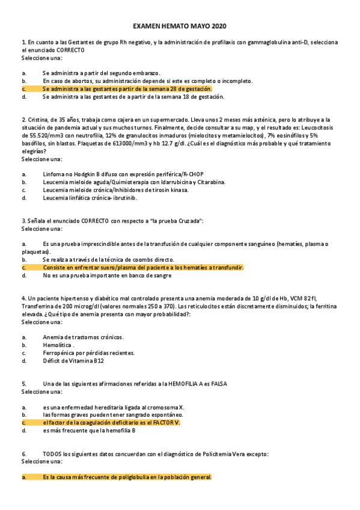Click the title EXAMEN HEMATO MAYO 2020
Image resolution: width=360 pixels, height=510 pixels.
tap(180, 26)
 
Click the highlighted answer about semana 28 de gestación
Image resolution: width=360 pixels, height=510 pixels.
tap(127, 88)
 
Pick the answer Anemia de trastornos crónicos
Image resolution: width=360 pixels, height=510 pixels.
tap(84, 337)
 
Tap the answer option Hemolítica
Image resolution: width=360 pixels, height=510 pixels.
tap(58, 345)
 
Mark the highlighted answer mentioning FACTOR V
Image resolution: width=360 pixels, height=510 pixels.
tap(112, 422)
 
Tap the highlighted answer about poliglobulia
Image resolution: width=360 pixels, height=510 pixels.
tap(127, 477)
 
